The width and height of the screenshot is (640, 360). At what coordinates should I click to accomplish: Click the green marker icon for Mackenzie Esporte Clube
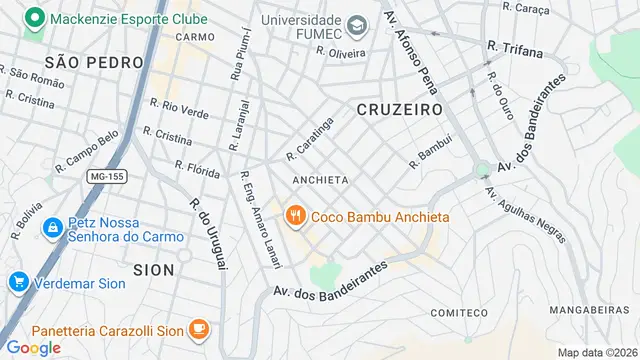pyautogui.click(x=36, y=18)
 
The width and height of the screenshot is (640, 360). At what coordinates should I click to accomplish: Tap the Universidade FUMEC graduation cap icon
pyautogui.click(x=356, y=23)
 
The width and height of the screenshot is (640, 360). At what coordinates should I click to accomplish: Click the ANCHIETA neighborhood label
pyautogui.click(x=320, y=180)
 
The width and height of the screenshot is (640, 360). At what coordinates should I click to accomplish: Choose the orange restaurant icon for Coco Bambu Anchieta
pyautogui.click(x=295, y=216)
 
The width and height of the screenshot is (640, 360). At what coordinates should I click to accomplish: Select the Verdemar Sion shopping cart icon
pyautogui.click(x=17, y=282)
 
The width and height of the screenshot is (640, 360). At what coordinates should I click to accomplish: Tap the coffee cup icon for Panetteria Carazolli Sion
pyautogui.click(x=198, y=329)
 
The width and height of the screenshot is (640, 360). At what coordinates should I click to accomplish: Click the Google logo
pyautogui.click(x=33, y=347)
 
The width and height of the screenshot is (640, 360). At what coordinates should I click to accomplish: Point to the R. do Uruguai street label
pyautogui.click(x=209, y=233)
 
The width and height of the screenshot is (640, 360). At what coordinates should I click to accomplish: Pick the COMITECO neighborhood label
pyautogui.click(x=458, y=313)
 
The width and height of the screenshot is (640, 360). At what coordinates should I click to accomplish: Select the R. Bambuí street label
pyautogui.click(x=431, y=150)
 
